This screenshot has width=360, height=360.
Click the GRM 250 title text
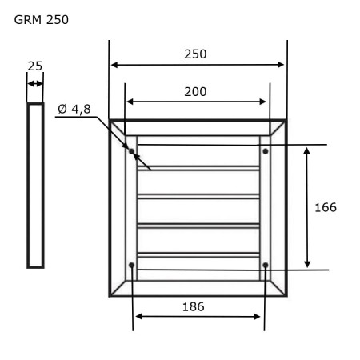click(x=42, y=20)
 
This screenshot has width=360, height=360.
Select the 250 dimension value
click(x=195, y=54)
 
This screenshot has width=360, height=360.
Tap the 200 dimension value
click(x=195, y=92)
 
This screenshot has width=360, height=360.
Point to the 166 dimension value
click(x=326, y=207)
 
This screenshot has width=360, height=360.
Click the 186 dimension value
click(x=194, y=307)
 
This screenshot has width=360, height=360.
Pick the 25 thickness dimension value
click(x=35, y=66)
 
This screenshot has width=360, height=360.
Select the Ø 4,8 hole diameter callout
click(x=74, y=109)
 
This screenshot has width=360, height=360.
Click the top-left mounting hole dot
click(x=131, y=151)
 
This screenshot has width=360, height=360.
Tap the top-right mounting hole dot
click(x=266, y=151)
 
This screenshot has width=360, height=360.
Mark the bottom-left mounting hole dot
click(x=131, y=265)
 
